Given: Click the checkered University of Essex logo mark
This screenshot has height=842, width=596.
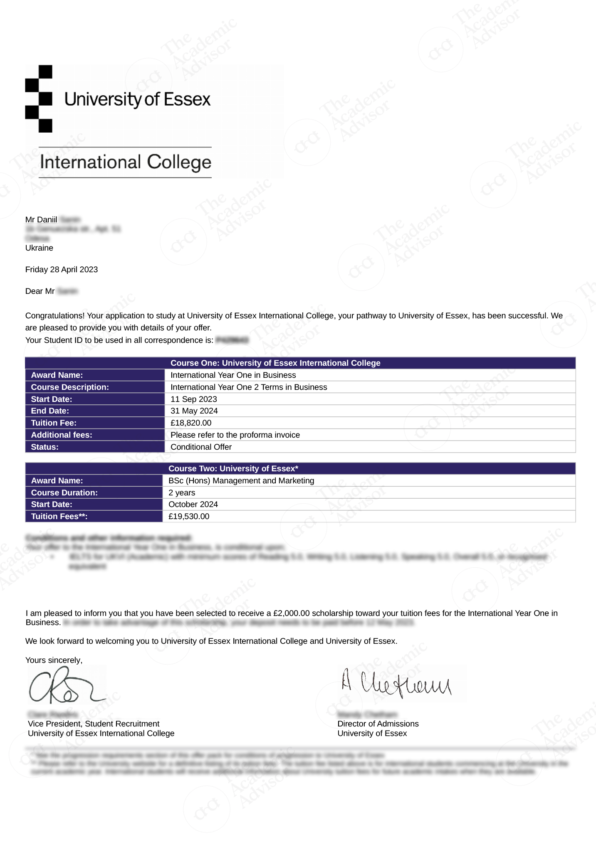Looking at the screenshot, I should point(39,99).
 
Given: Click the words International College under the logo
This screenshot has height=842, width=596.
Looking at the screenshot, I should point(126,162).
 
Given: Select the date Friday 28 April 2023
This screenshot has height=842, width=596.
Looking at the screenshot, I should point(62,270).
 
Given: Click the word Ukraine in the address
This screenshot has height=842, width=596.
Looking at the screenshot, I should point(39,248).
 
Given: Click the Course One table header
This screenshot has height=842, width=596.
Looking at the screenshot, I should point(275,363).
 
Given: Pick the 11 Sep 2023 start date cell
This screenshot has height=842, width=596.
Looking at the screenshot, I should point(194,399).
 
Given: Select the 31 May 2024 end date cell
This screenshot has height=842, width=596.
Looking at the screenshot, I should point(194,411).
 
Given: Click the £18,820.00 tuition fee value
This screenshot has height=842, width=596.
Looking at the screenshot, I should point(191,423).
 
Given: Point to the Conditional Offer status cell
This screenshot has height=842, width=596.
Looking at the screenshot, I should point(201,447).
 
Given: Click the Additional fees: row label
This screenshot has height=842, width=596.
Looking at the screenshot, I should point(62,435).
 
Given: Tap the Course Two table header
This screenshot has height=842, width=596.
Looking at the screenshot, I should point(233,469).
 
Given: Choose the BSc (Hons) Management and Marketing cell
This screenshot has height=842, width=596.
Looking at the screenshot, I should point(241,481).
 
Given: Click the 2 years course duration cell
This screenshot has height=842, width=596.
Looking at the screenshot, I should point(182,493).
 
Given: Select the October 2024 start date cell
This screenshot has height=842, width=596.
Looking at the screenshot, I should point(193,505).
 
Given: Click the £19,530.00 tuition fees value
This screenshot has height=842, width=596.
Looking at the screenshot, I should point(189,517).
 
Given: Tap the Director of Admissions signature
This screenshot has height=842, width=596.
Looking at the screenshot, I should point(396,684).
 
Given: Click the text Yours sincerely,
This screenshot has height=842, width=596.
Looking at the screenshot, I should point(54,660).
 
